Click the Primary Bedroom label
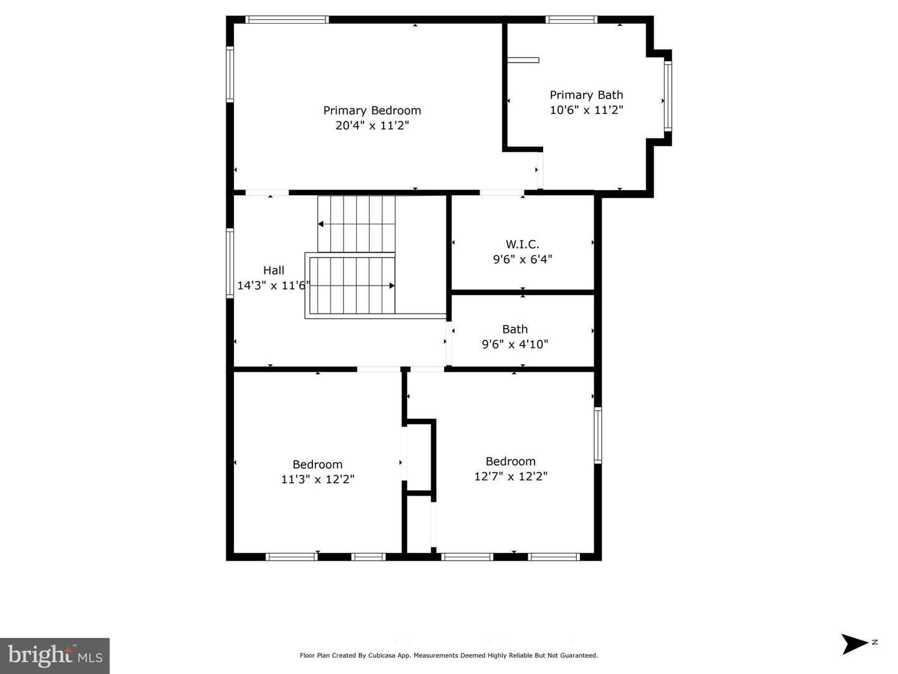pyautogui.click(x=372, y=110)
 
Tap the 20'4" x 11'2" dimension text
pyautogui.click(x=372, y=125)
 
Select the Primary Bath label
pyautogui.click(x=586, y=95)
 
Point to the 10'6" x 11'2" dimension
pyautogui.click(x=586, y=110)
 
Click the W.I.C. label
pyautogui.click(x=522, y=244)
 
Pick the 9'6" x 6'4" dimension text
pyautogui.click(x=522, y=259)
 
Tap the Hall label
pyautogui.click(x=273, y=270)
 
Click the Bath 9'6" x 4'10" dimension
pyautogui.click(x=514, y=344)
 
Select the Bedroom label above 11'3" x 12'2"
pyautogui.click(x=317, y=465)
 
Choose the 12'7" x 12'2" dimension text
pyautogui.click(x=510, y=476)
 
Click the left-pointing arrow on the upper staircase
pyautogui.click(x=321, y=224)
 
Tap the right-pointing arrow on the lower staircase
pyautogui.click(x=391, y=286)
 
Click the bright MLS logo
pyautogui.click(x=55, y=655)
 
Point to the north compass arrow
pyautogui.click(x=855, y=643)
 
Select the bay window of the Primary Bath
pyautogui.click(x=668, y=96)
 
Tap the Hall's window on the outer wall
pyautogui.click(x=229, y=262)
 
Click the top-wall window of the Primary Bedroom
pyautogui.click(x=287, y=20)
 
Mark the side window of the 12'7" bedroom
pyautogui.click(x=597, y=435)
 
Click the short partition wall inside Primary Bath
pyautogui.click(x=523, y=60)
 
